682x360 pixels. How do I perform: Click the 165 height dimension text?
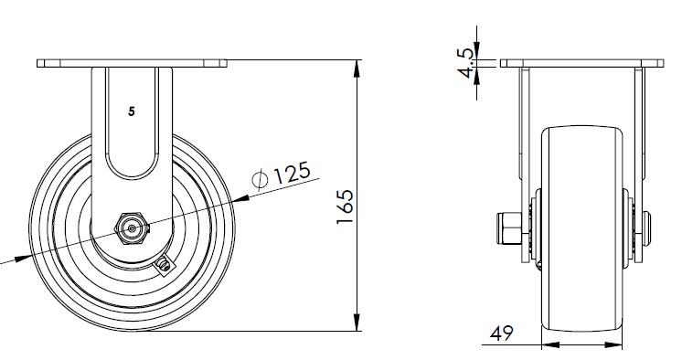tap(345, 206)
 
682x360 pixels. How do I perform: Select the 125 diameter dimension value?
tap(292, 173)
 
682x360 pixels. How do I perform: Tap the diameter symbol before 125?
tap(261, 180)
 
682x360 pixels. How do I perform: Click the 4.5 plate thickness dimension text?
tap(466, 63)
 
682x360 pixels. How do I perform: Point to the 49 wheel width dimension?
tap(502, 334)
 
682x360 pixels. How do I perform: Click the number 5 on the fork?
tap(132, 111)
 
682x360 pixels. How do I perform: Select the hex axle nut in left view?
tap(132, 228)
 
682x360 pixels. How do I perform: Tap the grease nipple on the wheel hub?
tap(164, 265)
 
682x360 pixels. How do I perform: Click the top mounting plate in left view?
tap(132, 63)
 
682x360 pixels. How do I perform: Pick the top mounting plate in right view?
tap(582, 63)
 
